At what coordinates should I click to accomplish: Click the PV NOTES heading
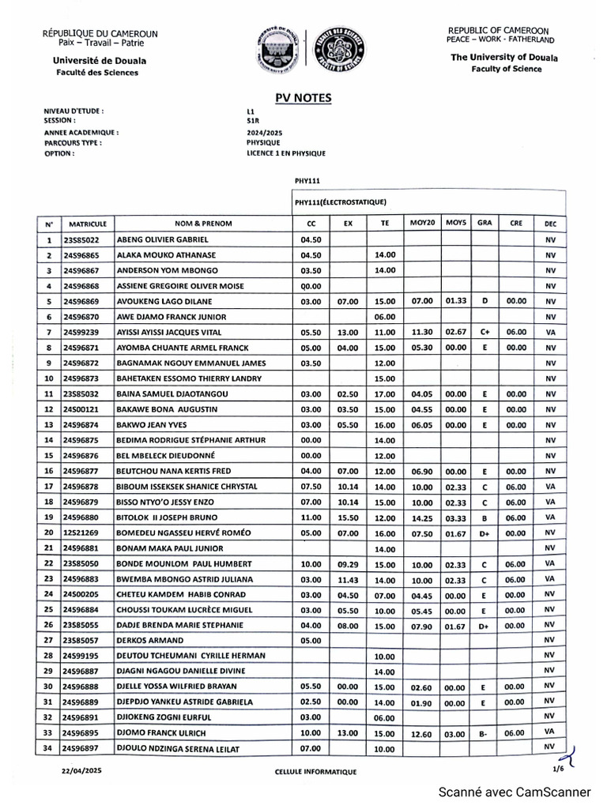pos(303,98)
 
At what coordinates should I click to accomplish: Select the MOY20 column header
pos(422,223)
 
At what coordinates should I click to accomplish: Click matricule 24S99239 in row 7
pos(81,332)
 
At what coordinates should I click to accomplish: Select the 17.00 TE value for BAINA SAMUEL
pos(384,393)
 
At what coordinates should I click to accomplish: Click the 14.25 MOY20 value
pos(422,517)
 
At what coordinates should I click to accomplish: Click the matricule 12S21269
pos(81,532)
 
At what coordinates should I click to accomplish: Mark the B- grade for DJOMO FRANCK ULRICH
pos(483,733)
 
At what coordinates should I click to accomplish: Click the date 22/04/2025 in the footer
pos(81,769)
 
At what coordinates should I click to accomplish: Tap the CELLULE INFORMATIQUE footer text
pos(315,771)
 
